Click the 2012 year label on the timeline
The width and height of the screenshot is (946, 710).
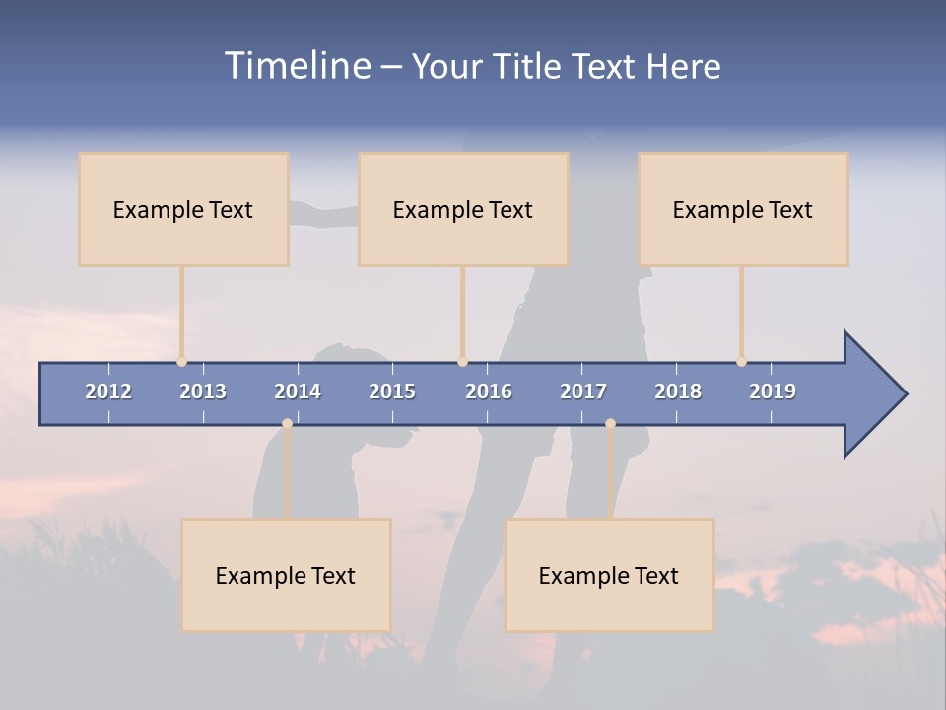click(108, 391)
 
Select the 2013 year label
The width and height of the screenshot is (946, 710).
click(203, 391)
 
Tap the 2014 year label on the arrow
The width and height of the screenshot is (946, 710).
click(298, 391)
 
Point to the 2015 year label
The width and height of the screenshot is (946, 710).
click(392, 391)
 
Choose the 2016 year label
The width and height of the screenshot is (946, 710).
click(489, 391)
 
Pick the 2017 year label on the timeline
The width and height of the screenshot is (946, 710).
click(583, 391)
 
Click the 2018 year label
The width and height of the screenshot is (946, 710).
click(678, 391)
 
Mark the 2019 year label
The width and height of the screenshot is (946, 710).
click(773, 391)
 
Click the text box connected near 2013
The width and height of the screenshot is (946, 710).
click(183, 209)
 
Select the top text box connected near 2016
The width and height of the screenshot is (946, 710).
click(463, 209)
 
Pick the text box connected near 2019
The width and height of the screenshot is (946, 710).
click(743, 209)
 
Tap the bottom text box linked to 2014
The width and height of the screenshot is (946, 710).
click(286, 575)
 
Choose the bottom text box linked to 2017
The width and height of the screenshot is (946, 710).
click(609, 575)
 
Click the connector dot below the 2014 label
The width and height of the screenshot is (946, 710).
click(287, 423)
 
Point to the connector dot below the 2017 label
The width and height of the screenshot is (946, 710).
click(610, 423)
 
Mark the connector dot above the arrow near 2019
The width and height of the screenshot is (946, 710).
click(741, 362)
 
